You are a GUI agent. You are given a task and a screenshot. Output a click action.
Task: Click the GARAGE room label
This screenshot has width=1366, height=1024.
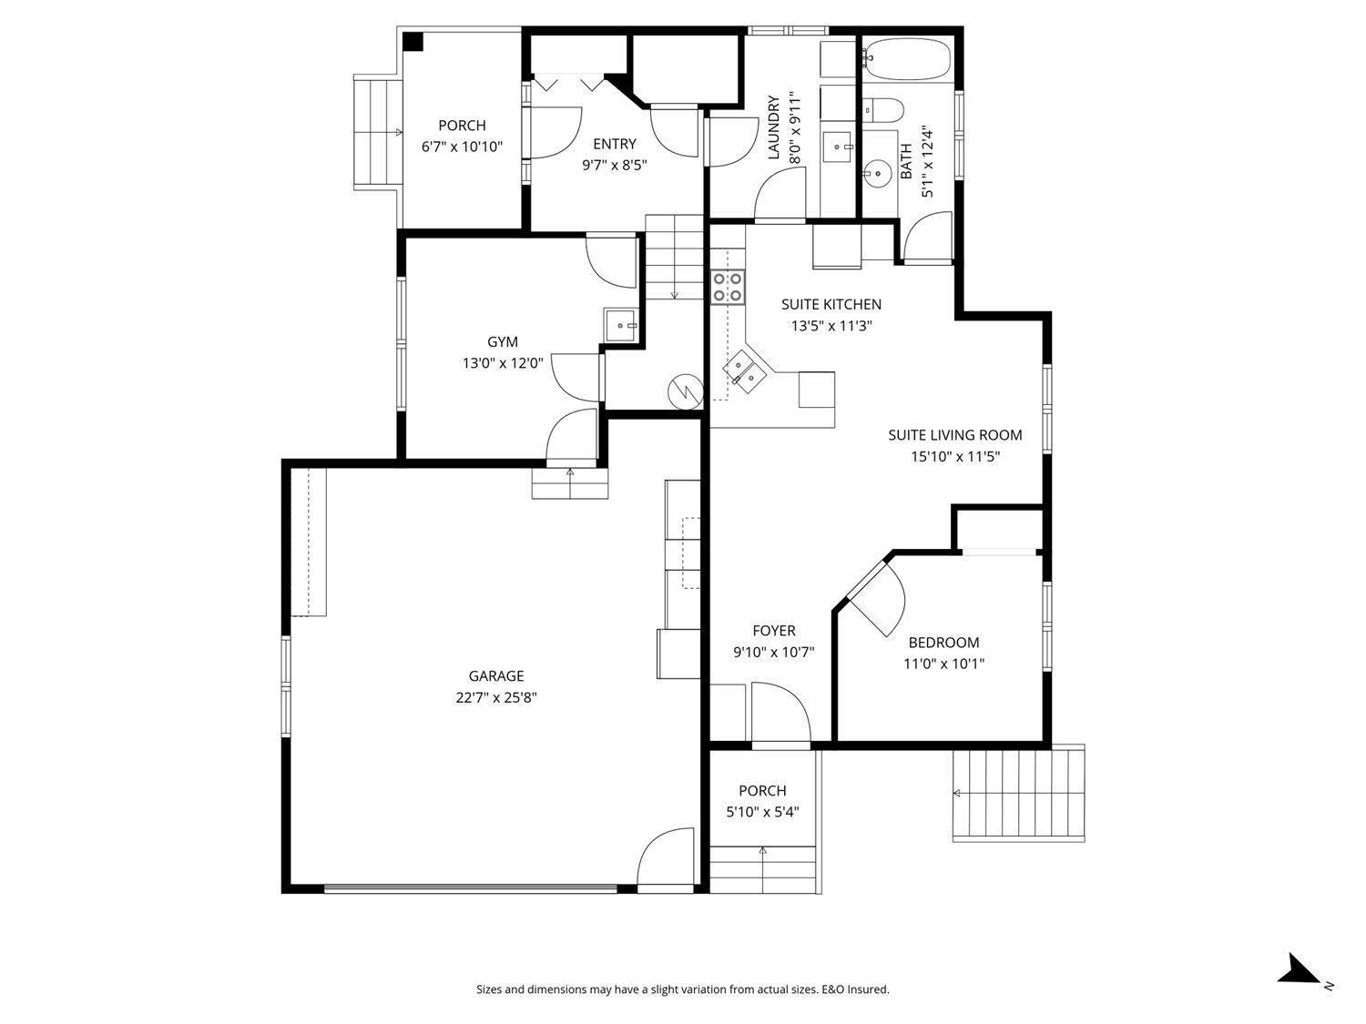(496, 676)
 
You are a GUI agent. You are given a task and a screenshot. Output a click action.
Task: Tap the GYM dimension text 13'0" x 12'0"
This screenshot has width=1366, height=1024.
(503, 363)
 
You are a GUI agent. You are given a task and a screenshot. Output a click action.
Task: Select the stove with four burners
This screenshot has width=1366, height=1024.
(729, 287)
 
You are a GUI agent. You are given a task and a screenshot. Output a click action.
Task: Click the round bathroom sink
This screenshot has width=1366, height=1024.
(878, 172)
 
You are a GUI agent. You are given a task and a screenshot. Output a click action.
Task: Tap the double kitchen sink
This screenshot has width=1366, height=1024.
(744, 371)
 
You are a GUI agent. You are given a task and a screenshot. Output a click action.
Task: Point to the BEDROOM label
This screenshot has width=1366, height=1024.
(943, 643)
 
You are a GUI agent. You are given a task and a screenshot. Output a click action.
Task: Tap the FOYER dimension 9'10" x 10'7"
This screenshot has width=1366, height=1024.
(773, 653)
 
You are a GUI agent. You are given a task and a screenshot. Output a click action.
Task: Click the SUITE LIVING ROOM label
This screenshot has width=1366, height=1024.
(955, 435)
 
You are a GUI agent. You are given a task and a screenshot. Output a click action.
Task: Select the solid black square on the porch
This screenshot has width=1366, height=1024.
(413, 42)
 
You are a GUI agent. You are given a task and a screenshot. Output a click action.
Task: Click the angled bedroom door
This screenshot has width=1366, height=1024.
(872, 596)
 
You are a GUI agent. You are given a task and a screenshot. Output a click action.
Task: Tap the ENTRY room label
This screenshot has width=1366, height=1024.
(615, 144)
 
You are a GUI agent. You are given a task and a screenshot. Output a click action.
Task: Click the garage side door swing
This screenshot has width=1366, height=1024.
(668, 857)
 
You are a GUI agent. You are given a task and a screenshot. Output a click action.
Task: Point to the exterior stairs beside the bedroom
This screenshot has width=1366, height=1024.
(1019, 794)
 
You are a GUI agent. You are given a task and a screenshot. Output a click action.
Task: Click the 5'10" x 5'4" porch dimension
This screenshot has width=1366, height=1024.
(762, 813)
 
